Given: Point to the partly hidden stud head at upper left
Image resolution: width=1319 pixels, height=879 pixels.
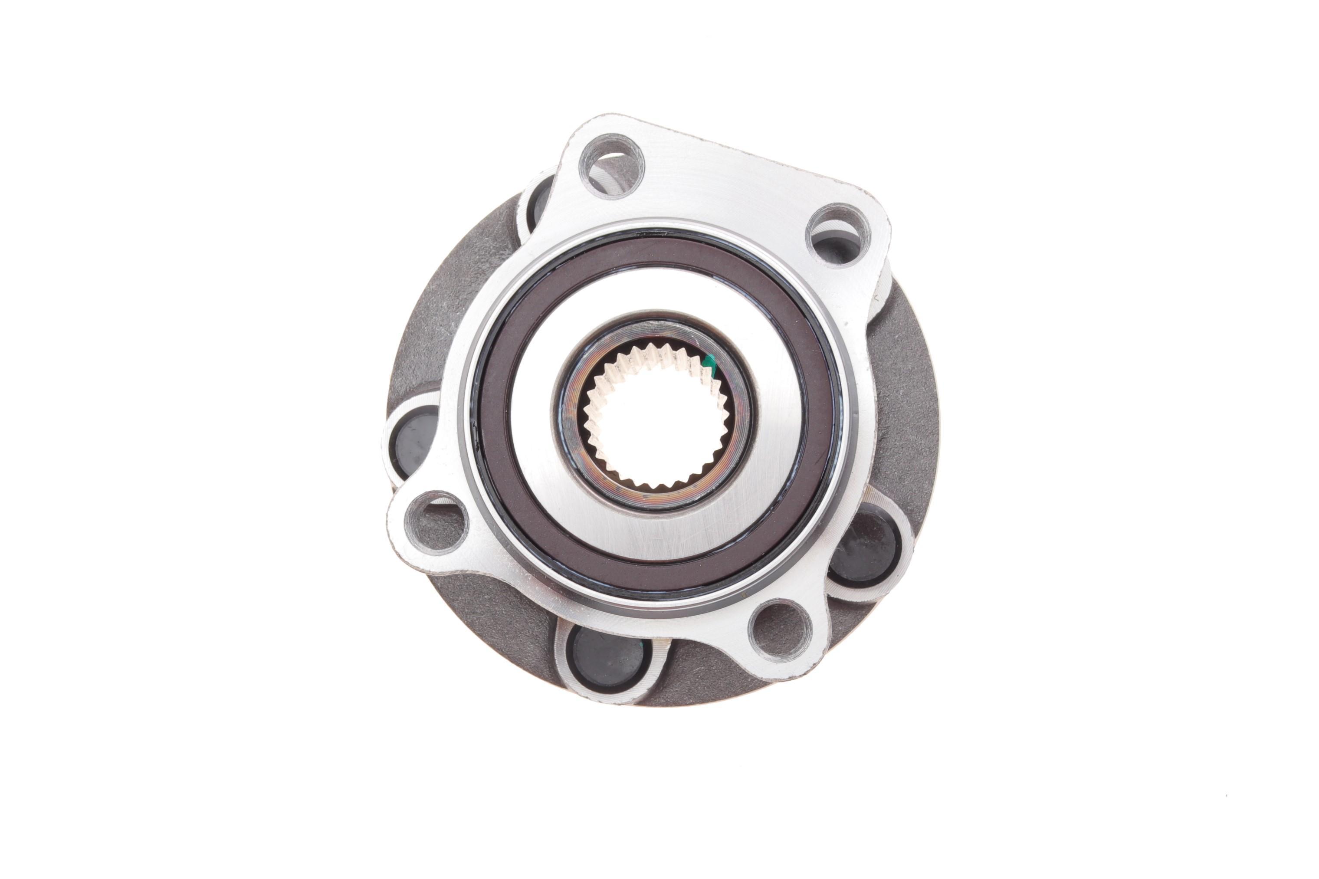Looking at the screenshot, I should click(x=537, y=200).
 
